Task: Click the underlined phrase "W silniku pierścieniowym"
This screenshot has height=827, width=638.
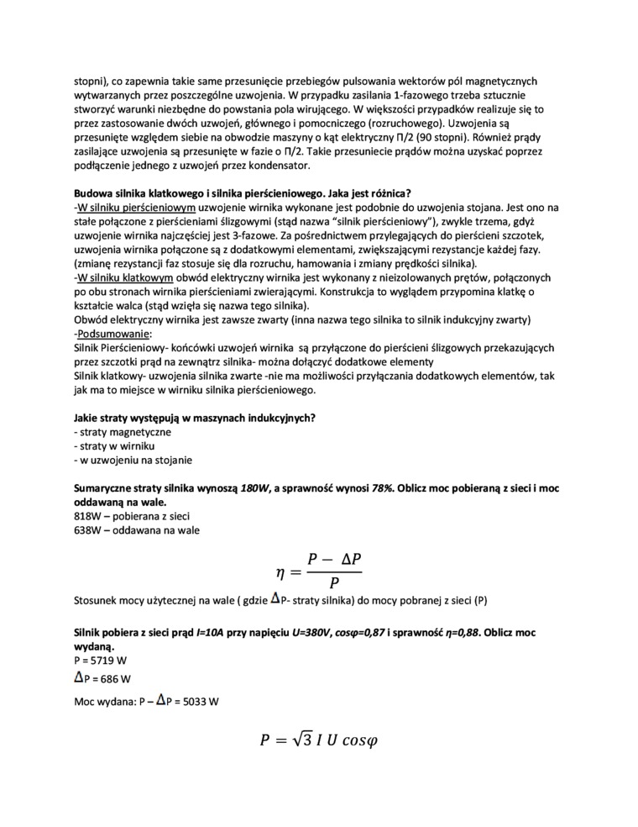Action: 138,207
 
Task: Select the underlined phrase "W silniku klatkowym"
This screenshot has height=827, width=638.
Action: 127,277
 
